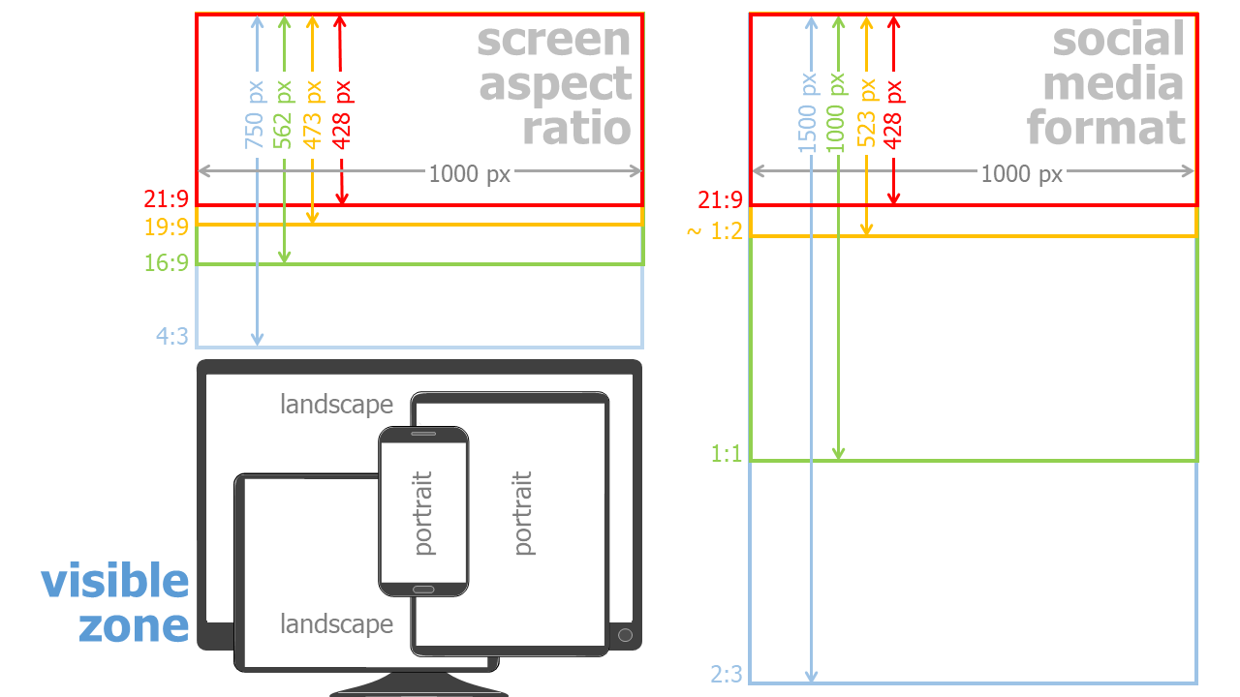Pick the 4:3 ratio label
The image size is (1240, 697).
172,337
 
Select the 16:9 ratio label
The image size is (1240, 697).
167,262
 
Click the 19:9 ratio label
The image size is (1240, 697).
167,228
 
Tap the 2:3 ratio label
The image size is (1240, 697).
727,674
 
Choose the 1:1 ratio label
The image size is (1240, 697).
727,453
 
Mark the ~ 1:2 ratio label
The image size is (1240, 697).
715,232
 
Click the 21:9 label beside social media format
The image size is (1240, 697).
720,201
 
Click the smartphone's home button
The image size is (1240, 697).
423,589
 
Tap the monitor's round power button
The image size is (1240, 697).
625,635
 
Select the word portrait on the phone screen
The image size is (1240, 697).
423,513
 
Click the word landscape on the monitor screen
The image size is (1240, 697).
336,405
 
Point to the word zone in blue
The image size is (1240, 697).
134,625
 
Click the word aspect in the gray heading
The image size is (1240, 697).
555,85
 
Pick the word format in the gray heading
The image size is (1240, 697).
1106,128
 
